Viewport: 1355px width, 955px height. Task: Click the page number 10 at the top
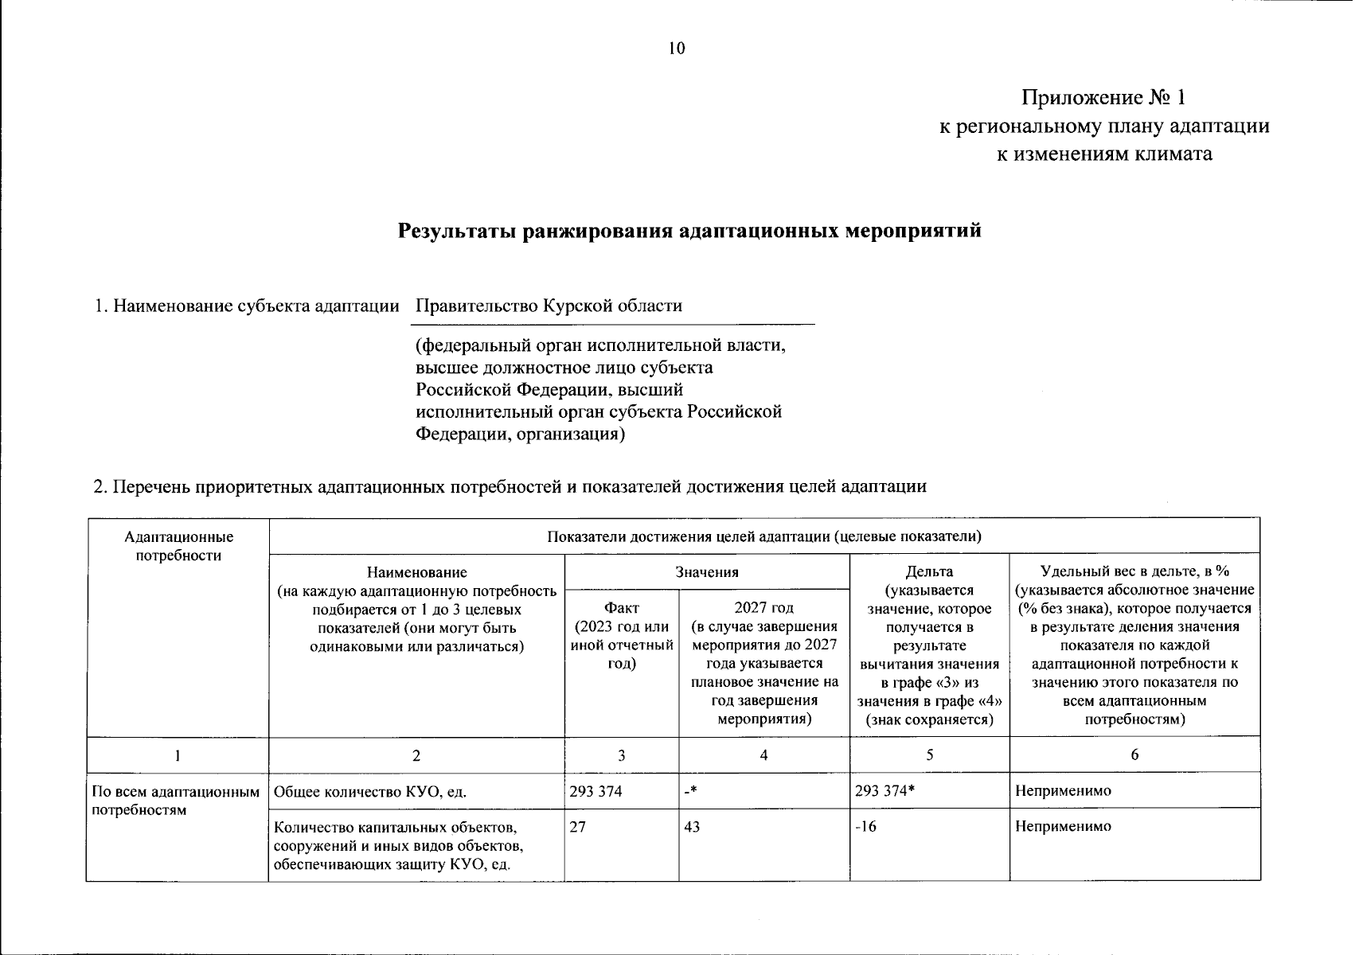click(x=676, y=49)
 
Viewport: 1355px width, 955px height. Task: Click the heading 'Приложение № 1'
click(x=1104, y=98)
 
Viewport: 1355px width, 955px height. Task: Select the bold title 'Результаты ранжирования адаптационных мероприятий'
click(x=689, y=232)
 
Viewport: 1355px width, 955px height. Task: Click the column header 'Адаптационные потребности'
click(x=178, y=547)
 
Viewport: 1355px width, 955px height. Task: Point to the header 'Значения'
click(x=707, y=571)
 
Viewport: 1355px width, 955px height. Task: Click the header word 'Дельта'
click(x=929, y=571)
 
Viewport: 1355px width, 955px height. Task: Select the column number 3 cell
click(x=621, y=755)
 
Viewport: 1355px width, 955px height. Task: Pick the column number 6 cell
click(x=1134, y=755)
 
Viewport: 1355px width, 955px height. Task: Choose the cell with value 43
click(x=692, y=827)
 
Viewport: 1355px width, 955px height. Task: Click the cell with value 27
click(x=578, y=827)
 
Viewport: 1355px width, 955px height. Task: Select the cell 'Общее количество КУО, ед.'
click(x=369, y=792)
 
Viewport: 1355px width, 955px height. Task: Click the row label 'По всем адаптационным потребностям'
click(x=176, y=801)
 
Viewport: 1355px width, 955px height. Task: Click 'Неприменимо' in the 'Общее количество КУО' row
click(x=1063, y=791)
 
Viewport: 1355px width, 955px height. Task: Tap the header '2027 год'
click(x=763, y=609)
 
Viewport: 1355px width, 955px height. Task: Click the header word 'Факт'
click(x=621, y=609)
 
